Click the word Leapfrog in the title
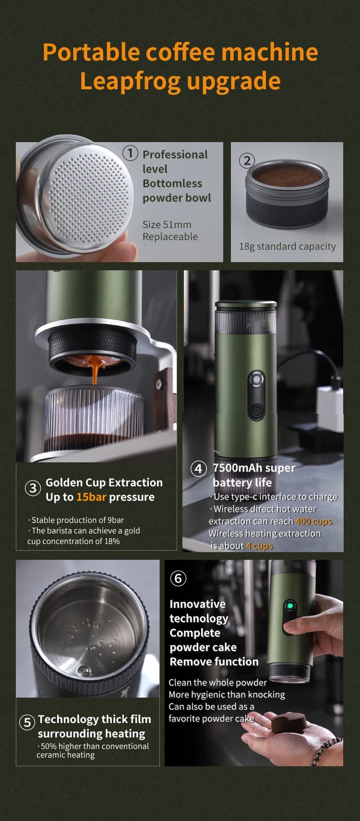[x=131, y=82]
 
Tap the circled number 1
[x=130, y=153]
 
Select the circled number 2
[x=247, y=160]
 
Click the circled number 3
[x=33, y=488]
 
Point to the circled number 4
[x=198, y=469]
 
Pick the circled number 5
[x=27, y=722]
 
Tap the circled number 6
[x=178, y=579]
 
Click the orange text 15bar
[x=91, y=497]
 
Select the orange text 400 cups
[x=314, y=521]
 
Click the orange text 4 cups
[x=260, y=546]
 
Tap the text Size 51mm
[x=167, y=224]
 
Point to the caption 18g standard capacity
[x=288, y=247]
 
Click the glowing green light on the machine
[x=290, y=605]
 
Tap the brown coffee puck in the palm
[x=289, y=723]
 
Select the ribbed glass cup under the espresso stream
[x=94, y=420]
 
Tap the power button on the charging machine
[x=256, y=410]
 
